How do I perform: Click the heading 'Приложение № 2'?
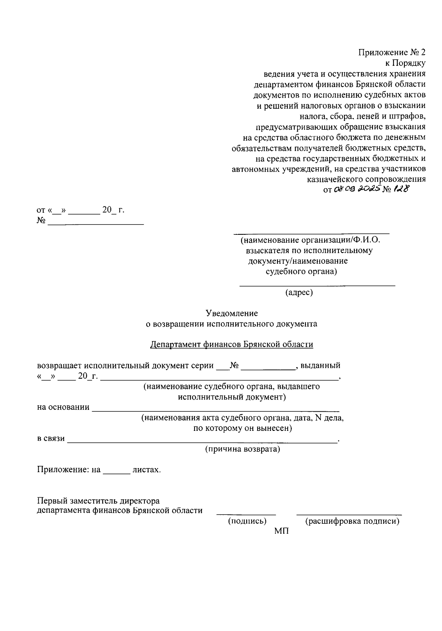tap(392, 52)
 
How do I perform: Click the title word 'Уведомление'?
tap(232, 313)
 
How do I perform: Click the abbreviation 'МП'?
tap(282, 531)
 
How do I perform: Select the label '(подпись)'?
tap(247, 521)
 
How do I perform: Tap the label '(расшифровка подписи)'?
tap(352, 521)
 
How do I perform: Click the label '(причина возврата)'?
tap(242, 449)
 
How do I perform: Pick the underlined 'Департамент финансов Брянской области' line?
tap(232, 344)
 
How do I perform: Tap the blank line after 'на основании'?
tap(215, 409)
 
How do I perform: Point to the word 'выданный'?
tap(320, 366)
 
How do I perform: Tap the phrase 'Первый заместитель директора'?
tap(98, 501)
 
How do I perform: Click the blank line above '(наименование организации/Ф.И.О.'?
tap(312, 233)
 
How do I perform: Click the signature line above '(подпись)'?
tap(246, 514)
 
